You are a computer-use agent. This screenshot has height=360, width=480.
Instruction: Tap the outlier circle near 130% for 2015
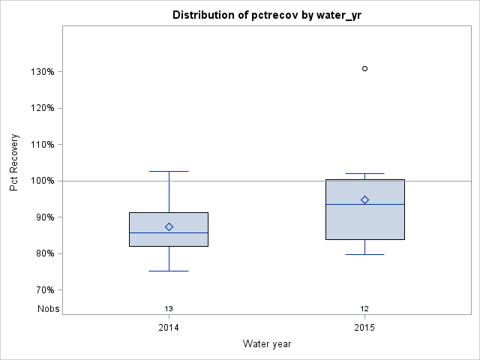(x=364, y=68)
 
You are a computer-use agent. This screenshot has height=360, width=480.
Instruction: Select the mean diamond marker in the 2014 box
(x=169, y=226)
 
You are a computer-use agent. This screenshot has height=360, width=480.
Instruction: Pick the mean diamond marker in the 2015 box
(x=364, y=199)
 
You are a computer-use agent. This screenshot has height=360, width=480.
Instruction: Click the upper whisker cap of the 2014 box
(x=169, y=171)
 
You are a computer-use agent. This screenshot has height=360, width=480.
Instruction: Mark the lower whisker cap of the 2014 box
(x=169, y=271)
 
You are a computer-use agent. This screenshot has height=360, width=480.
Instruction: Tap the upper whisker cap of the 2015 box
(x=364, y=173)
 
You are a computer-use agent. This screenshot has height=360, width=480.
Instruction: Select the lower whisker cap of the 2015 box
(x=364, y=254)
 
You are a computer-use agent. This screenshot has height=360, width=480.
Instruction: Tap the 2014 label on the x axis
(x=169, y=328)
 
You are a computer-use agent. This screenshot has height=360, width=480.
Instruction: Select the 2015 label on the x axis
(x=364, y=328)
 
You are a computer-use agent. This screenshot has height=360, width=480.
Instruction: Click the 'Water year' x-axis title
(x=267, y=344)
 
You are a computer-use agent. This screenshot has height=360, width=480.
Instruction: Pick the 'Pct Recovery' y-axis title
(x=14, y=163)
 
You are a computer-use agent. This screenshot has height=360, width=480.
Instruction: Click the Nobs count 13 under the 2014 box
(x=169, y=308)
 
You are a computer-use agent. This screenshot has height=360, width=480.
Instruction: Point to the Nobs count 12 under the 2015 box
(x=364, y=308)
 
